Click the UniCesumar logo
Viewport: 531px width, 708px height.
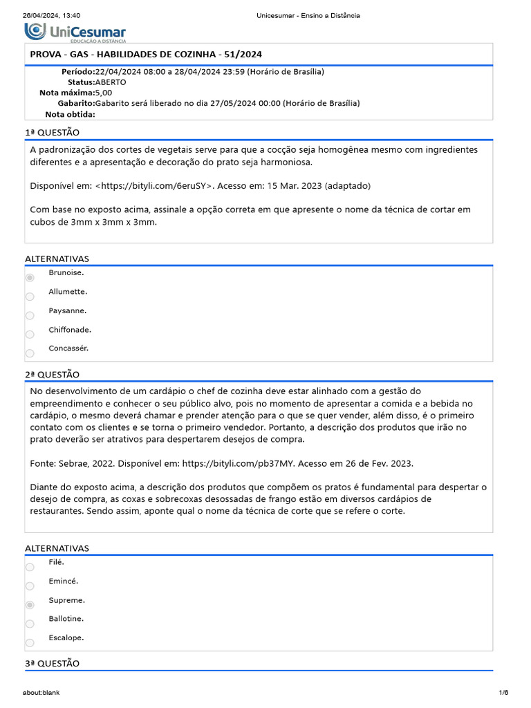click(x=75, y=32)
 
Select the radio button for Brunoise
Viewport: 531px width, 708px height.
click(x=30, y=277)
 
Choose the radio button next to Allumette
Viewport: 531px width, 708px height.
click(x=30, y=297)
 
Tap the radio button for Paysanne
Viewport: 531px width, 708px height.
click(x=30, y=315)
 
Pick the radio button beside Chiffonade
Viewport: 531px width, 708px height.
click(x=30, y=335)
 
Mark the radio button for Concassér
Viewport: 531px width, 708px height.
click(x=30, y=353)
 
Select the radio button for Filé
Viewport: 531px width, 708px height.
click(x=30, y=567)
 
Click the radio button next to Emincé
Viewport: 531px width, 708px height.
click(x=30, y=586)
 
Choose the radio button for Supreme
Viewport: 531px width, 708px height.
click(x=30, y=605)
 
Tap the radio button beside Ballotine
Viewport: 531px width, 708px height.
click(x=30, y=624)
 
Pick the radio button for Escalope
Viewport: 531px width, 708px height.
click(x=30, y=642)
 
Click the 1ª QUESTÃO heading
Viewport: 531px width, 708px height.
click(x=53, y=132)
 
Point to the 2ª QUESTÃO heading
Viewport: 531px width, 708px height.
click(x=53, y=374)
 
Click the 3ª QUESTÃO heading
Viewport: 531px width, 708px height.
click(x=53, y=663)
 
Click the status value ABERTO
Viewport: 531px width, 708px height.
click(x=111, y=82)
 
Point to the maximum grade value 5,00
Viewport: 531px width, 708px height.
click(x=104, y=93)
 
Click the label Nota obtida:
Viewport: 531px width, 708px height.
click(x=70, y=114)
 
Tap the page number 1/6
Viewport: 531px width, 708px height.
click(x=503, y=693)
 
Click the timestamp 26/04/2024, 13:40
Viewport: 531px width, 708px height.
click(x=52, y=15)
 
